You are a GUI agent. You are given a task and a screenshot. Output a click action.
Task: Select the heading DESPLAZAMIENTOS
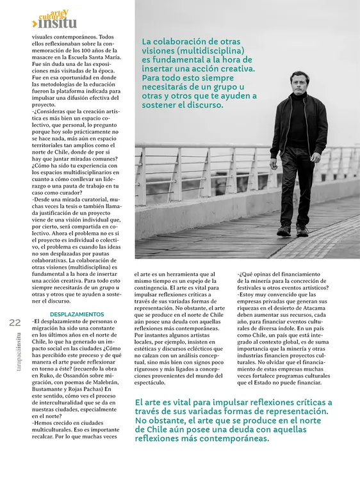(x=76, y=314)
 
